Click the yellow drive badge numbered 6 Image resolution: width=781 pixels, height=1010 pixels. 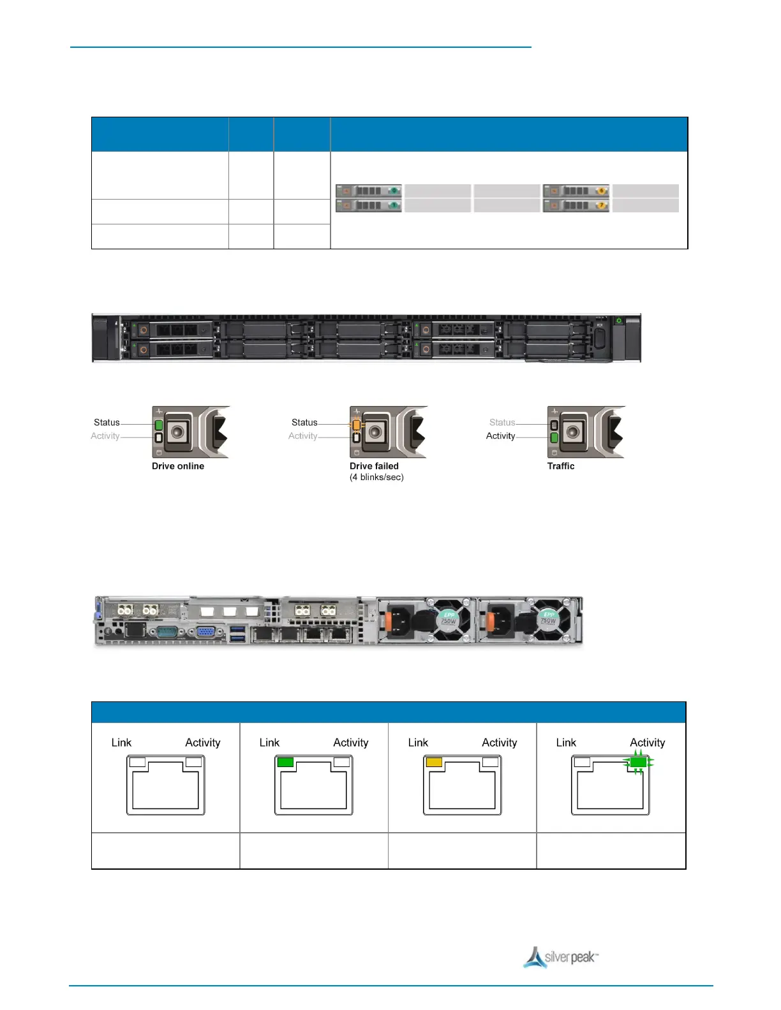pos(601,191)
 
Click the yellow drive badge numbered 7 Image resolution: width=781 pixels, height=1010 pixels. pos(601,205)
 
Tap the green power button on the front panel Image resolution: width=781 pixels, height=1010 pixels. pos(618,321)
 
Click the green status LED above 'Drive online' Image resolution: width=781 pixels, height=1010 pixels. pos(159,425)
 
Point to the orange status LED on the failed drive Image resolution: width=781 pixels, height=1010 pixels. pos(356,425)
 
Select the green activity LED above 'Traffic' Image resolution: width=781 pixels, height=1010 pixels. pos(554,437)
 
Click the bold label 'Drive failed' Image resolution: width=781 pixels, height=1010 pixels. pos(374,466)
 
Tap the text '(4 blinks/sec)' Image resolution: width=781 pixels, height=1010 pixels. pos(376,477)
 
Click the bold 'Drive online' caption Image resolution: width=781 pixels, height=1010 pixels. pos(178,466)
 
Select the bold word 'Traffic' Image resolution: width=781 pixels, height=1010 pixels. pos(561,466)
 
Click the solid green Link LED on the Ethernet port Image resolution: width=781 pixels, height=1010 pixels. pos(285,762)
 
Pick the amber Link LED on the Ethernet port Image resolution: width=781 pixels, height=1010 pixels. pos(434,762)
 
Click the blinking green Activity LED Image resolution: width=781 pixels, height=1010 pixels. pos(637,762)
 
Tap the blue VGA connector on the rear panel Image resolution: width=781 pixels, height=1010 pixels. pos(205,632)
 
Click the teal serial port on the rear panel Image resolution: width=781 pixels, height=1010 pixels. pos(168,632)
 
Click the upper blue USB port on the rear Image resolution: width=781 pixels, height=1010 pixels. pos(237,629)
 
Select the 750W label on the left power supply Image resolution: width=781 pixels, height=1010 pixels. pos(449,620)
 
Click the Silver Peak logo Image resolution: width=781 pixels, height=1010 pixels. pos(561,957)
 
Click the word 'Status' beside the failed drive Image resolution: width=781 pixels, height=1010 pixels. pos(304,422)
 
